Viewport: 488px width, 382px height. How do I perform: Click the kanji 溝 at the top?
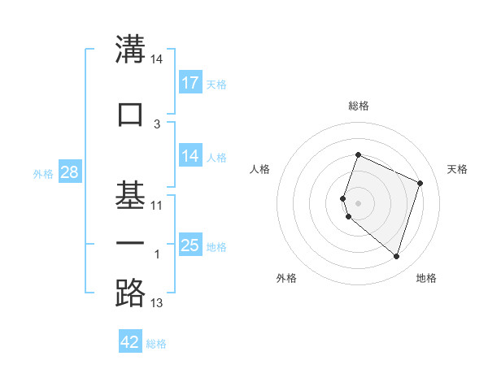[130, 50]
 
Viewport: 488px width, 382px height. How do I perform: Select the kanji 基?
[130, 195]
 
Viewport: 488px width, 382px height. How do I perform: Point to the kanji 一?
[130, 244]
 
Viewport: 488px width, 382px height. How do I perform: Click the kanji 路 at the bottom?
[130, 293]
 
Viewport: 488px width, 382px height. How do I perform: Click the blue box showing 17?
[190, 83]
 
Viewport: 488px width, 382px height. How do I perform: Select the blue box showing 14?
[190, 156]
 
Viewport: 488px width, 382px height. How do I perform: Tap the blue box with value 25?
[190, 245]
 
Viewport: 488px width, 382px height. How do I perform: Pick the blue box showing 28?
[69, 172]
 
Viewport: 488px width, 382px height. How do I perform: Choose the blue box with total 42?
[130, 342]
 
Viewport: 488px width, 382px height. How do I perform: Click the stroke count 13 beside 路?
[157, 303]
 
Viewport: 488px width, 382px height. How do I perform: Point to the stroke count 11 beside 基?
[157, 206]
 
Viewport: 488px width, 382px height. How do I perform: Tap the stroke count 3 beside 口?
[157, 124]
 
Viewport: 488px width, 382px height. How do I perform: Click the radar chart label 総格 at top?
[359, 106]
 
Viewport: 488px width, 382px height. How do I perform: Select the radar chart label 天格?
[457, 169]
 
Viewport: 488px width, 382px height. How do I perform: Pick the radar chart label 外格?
[286, 279]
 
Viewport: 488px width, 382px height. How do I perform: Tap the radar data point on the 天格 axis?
[420, 183]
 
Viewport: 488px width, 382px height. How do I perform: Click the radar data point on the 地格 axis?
[396, 257]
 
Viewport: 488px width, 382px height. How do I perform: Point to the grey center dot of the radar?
[358, 202]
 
